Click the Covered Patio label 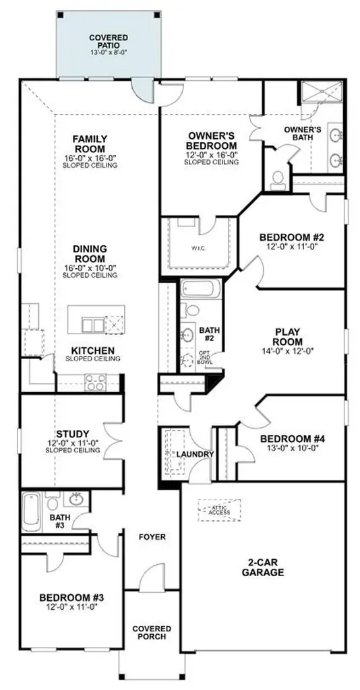pyautogui.click(x=109, y=41)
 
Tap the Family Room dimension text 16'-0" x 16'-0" pyautogui.click(x=90, y=158)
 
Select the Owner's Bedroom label pyautogui.click(x=211, y=140)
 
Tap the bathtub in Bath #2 pyautogui.click(x=201, y=288)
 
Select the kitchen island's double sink pyautogui.click(x=93, y=325)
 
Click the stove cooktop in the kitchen pyautogui.click(x=95, y=382)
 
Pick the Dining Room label pyautogui.click(x=90, y=254)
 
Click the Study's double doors pyautogui.click(x=113, y=441)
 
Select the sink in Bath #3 pyautogui.click(x=78, y=499)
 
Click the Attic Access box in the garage pyautogui.click(x=219, y=510)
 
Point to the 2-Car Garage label pyautogui.click(x=264, y=567)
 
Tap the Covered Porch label pyautogui.click(x=152, y=633)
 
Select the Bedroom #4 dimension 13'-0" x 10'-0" pyautogui.click(x=292, y=448)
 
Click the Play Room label pyautogui.click(x=289, y=337)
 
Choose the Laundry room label pyautogui.click(x=195, y=454)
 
